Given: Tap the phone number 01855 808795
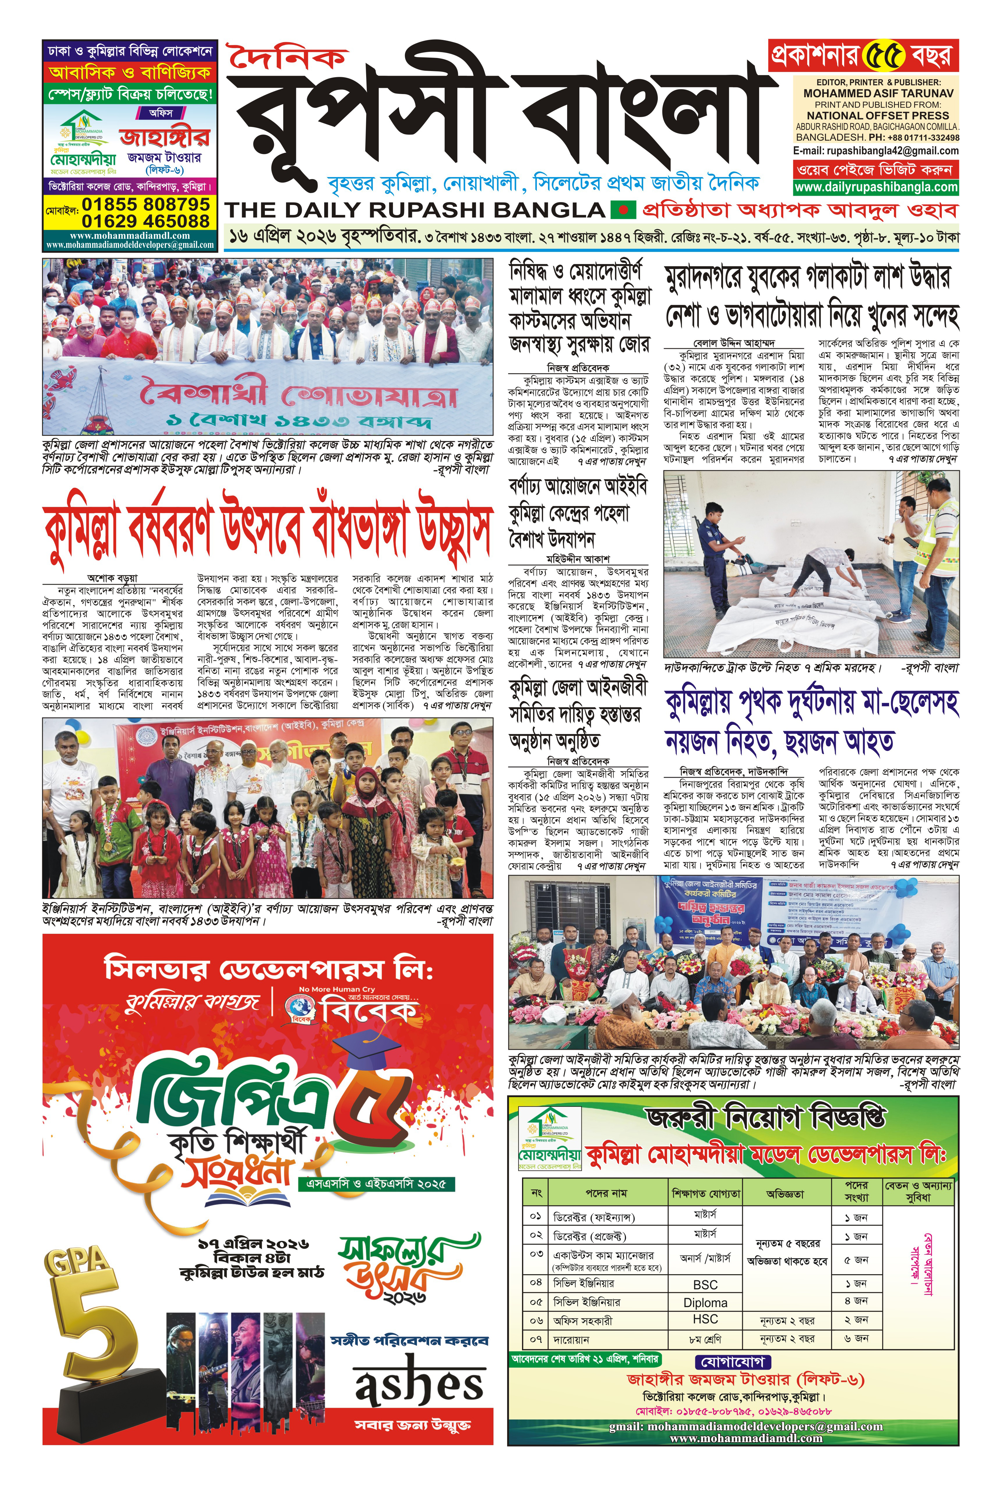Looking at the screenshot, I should [146, 204].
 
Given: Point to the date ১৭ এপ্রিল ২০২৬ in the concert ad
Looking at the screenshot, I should [253, 1244].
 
